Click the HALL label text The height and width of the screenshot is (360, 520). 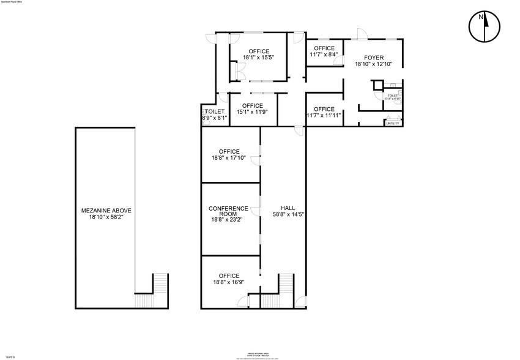click(288, 208)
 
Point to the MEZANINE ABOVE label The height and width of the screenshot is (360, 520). click(106, 211)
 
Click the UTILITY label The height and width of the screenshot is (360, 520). click(393, 124)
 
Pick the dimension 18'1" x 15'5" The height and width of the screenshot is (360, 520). click(258, 58)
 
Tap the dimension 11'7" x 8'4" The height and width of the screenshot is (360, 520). click(324, 54)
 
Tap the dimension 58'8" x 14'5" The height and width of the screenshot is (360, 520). click(288, 214)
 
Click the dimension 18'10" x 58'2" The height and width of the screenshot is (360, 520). click(106, 217)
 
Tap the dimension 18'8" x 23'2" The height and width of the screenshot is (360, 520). click(228, 219)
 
